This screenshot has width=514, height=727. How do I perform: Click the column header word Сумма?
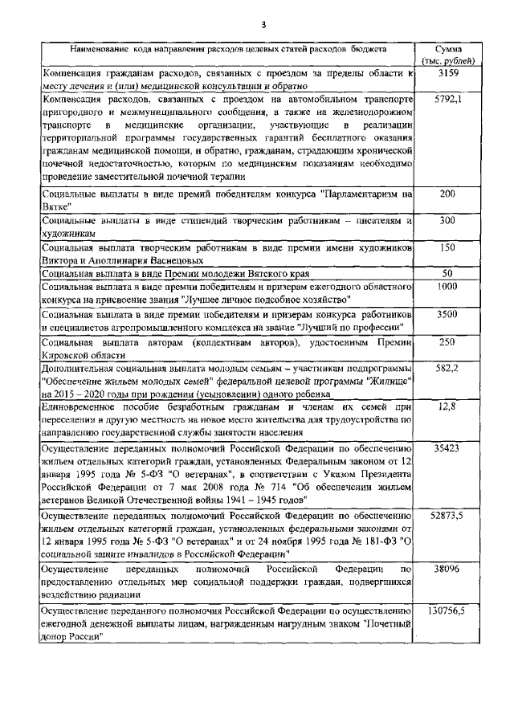coord(447,49)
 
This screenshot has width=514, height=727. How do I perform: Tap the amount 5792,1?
coord(447,100)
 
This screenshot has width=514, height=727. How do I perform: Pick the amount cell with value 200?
coord(447,194)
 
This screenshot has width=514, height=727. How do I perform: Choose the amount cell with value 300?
coord(447,220)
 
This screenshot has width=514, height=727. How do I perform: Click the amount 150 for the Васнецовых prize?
coord(447,247)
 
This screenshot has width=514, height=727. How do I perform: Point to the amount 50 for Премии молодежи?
coord(447,273)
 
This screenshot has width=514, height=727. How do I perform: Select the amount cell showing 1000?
coord(447,286)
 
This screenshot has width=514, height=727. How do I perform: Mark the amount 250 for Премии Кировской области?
coord(447,341)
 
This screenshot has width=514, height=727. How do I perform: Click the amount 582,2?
coord(447,367)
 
